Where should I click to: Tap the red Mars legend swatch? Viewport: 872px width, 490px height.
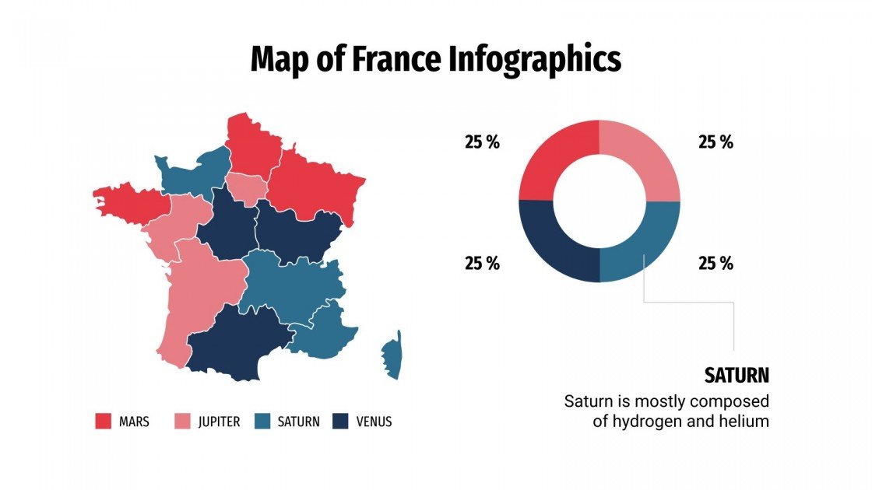tap(104, 422)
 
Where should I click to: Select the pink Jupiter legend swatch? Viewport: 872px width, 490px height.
tap(181, 422)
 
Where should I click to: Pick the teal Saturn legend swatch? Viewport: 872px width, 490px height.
tap(262, 422)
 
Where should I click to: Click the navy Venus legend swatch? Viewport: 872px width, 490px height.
tap(340, 422)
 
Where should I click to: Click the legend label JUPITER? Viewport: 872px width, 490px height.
tap(220, 422)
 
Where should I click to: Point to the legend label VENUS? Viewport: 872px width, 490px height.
tap(374, 422)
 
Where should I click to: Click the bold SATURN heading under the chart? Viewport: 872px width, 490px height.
tap(737, 376)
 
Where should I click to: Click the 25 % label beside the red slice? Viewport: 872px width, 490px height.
tap(482, 142)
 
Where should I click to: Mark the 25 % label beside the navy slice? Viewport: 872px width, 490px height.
tap(482, 264)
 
